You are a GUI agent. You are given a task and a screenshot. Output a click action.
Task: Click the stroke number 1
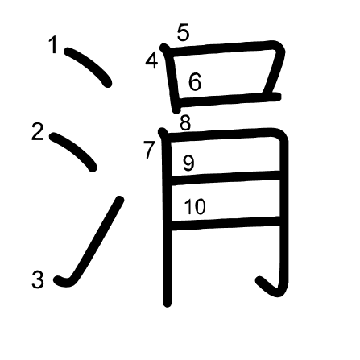point(54,45)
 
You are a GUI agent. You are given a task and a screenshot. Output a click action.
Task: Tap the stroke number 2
point(38,131)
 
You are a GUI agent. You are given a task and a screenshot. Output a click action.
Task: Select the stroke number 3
point(38,279)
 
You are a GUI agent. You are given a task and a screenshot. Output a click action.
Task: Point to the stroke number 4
point(151,61)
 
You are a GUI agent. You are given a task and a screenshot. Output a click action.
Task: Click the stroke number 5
point(184,32)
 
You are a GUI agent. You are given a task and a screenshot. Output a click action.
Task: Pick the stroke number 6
point(195,81)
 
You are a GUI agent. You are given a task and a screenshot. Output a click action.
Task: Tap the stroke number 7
point(149,150)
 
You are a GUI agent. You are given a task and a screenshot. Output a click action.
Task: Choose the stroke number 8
point(185,123)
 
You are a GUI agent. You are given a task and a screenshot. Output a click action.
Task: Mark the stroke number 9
point(188,163)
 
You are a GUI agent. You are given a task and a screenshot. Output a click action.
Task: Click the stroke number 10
point(195,207)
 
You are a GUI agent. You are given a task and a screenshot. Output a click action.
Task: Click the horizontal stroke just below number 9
point(226,178)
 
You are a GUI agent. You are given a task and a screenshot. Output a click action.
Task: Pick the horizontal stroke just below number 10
point(226,223)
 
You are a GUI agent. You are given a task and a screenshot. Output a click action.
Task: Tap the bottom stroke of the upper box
point(230,98)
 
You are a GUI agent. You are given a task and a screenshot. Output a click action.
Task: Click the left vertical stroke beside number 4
point(171,79)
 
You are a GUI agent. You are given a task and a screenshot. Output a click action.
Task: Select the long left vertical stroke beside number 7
point(165,217)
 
